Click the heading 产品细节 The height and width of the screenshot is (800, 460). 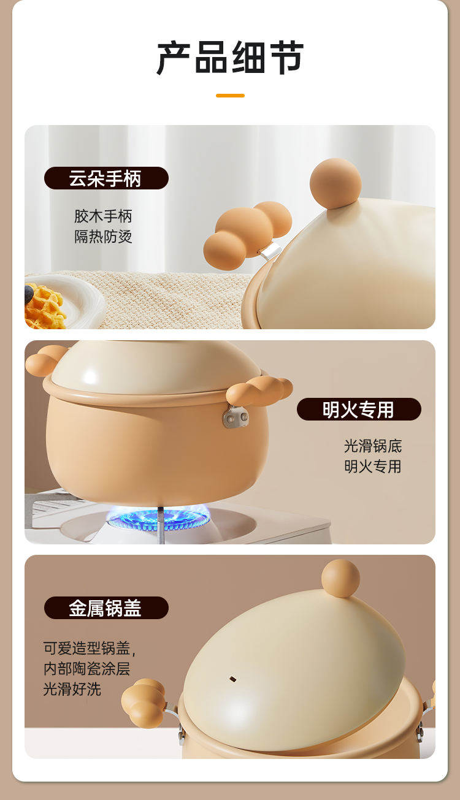[x=230, y=58]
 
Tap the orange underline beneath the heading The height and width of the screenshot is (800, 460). [x=230, y=96]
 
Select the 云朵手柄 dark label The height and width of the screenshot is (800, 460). [x=106, y=178]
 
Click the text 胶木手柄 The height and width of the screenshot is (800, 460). [x=103, y=216]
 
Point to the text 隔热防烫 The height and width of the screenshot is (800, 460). [x=103, y=237]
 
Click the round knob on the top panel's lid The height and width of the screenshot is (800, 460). [x=335, y=183]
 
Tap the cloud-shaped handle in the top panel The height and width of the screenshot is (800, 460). [x=247, y=230]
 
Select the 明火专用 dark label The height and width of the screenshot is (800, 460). [x=359, y=409]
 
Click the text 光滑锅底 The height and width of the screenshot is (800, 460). [x=373, y=446]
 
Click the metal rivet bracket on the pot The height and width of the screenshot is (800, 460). [x=236, y=416]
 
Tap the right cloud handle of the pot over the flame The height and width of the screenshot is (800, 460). [x=259, y=390]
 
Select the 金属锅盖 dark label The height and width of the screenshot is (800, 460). [x=106, y=608]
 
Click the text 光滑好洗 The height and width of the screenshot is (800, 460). [x=72, y=689]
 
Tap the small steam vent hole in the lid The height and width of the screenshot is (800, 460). [x=232, y=679]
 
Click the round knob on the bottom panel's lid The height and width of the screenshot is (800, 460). [x=340, y=578]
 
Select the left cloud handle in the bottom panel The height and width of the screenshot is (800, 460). [x=144, y=698]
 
